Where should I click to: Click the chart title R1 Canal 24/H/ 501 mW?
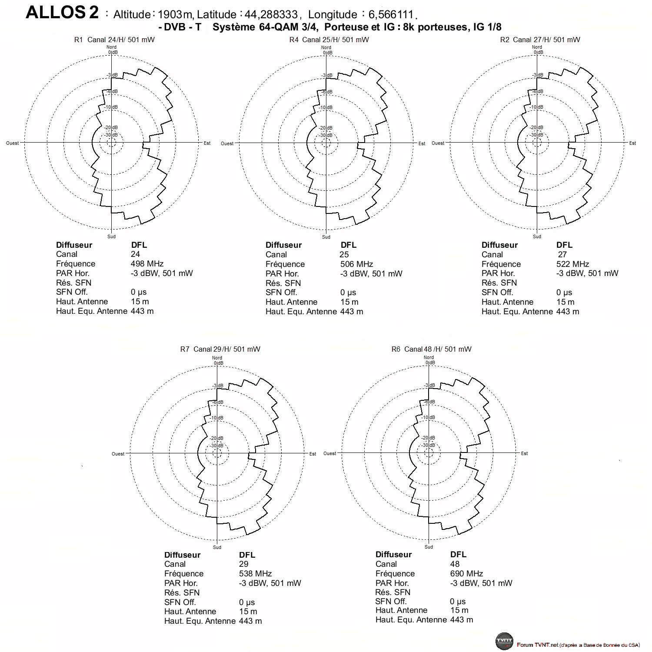coord(114,40)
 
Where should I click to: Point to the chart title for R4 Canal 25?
coord(329,40)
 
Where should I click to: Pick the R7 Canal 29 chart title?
coord(220,349)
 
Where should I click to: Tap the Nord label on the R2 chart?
coord(537,47)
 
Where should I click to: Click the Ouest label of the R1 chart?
coord(12,143)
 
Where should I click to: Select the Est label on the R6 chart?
coord(524,453)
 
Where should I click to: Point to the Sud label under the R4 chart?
coord(326,237)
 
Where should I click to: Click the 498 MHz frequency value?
coord(147,264)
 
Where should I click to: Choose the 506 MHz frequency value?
coord(356,264)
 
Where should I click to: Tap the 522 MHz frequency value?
coord(572,264)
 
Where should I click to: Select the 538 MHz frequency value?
coord(255,574)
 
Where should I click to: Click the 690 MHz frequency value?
coord(466,574)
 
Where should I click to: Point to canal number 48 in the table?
coord(455,564)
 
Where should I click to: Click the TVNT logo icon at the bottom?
coord(504,642)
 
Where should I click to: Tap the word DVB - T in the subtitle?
coord(183,27)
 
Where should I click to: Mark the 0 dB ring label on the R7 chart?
coord(218,363)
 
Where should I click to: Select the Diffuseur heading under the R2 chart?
coord(499,245)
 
